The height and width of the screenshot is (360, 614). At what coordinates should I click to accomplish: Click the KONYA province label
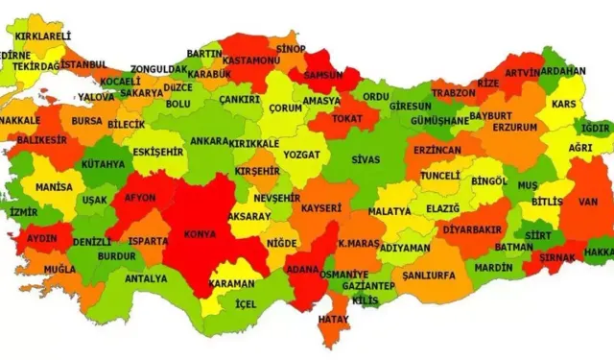point(198,231)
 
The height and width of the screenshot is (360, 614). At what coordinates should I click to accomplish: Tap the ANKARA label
point(210,141)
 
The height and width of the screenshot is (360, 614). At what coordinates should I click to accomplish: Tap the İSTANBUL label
point(85,64)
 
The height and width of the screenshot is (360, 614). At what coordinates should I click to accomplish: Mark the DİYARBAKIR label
point(474,229)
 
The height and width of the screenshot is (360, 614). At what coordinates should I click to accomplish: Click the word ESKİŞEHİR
point(156,152)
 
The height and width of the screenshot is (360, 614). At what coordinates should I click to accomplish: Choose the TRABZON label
point(454,93)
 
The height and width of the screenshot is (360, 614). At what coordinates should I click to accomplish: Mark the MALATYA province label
point(390,211)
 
